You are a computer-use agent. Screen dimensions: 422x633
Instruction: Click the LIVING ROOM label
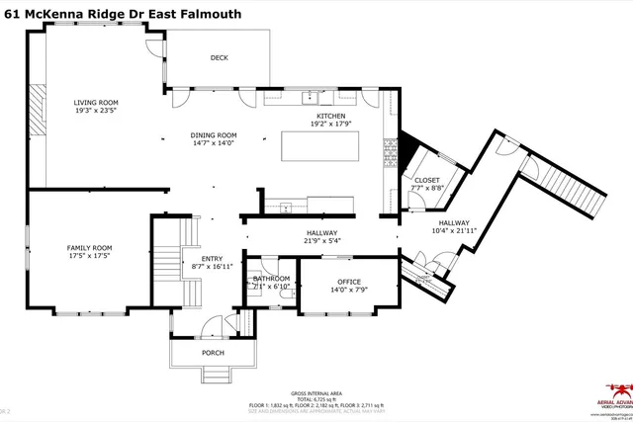coord(96,102)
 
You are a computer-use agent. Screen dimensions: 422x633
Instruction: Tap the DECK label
coord(219,57)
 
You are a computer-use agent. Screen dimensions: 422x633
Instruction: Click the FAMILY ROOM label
coord(89,247)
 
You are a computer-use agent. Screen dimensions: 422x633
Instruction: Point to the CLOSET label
coord(426,180)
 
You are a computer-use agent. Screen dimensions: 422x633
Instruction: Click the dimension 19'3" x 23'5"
coord(96,111)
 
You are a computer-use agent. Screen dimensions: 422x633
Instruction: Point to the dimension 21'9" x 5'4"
coord(322,240)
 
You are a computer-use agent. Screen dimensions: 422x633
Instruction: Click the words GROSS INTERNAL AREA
coord(316,392)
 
